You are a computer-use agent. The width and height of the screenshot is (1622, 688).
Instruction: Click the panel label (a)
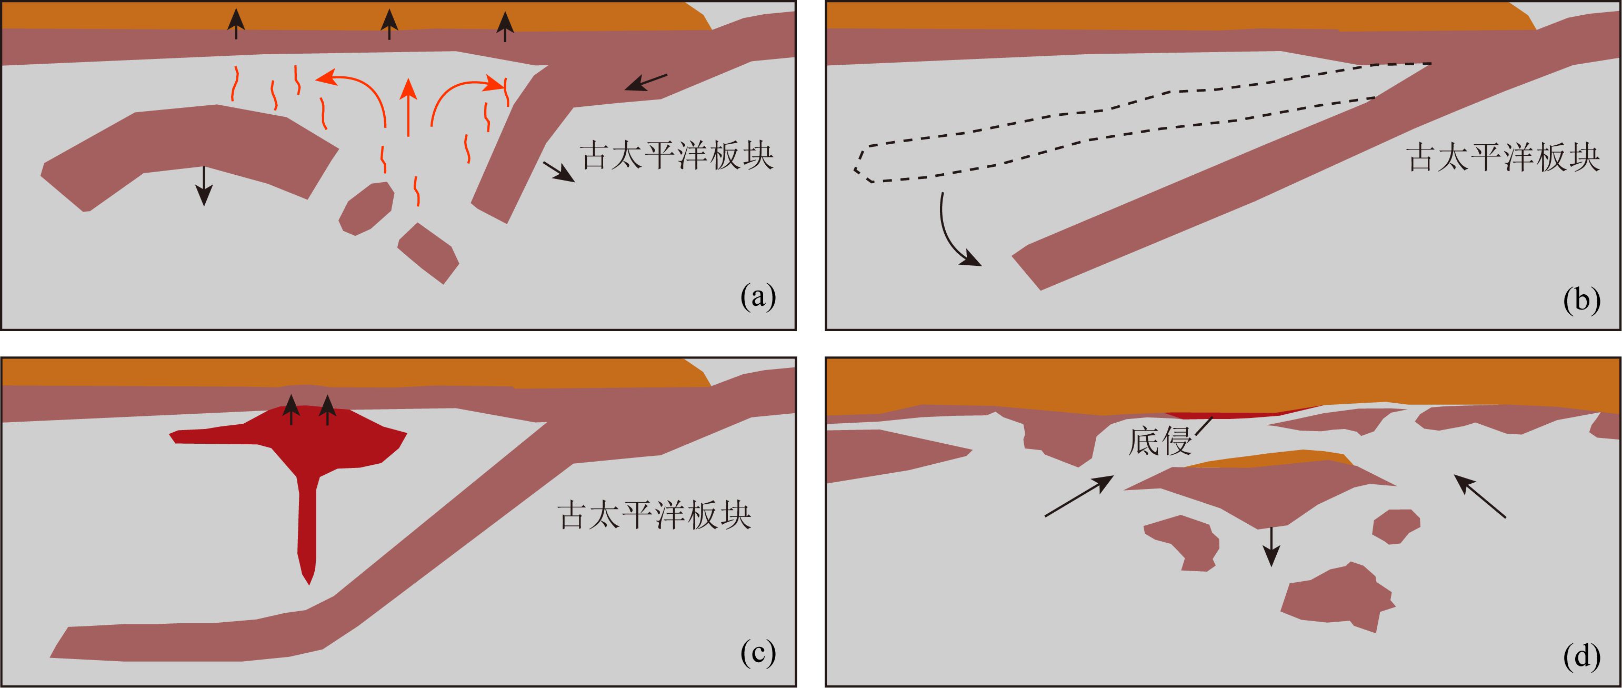point(758,296)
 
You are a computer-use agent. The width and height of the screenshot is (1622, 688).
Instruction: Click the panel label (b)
point(1581,301)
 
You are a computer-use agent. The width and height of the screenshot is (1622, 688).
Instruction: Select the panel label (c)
point(758,653)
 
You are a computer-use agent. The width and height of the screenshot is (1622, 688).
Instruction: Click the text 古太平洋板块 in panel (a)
point(677,155)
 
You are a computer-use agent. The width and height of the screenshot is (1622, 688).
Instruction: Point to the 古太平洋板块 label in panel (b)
point(1503,157)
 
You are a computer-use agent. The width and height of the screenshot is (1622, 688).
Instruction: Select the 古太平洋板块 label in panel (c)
point(655,515)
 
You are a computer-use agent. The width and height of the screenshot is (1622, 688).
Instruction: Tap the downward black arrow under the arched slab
point(203,185)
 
